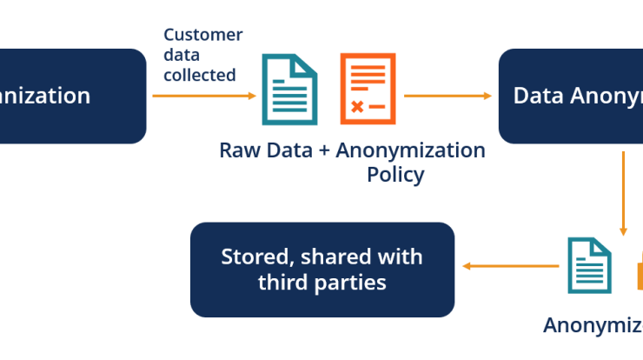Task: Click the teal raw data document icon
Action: click(x=290, y=90)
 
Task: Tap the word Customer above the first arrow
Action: click(x=203, y=35)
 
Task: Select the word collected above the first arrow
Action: click(x=200, y=75)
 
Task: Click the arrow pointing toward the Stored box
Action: click(x=509, y=266)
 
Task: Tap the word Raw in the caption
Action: click(x=237, y=150)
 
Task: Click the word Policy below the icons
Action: click(x=395, y=174)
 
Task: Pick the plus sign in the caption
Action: click(x=324, y=150)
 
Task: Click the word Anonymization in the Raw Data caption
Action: click(x=411, y=150)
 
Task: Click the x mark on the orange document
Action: click(x=356, y=106)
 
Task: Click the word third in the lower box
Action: click(x=283, y=283)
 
